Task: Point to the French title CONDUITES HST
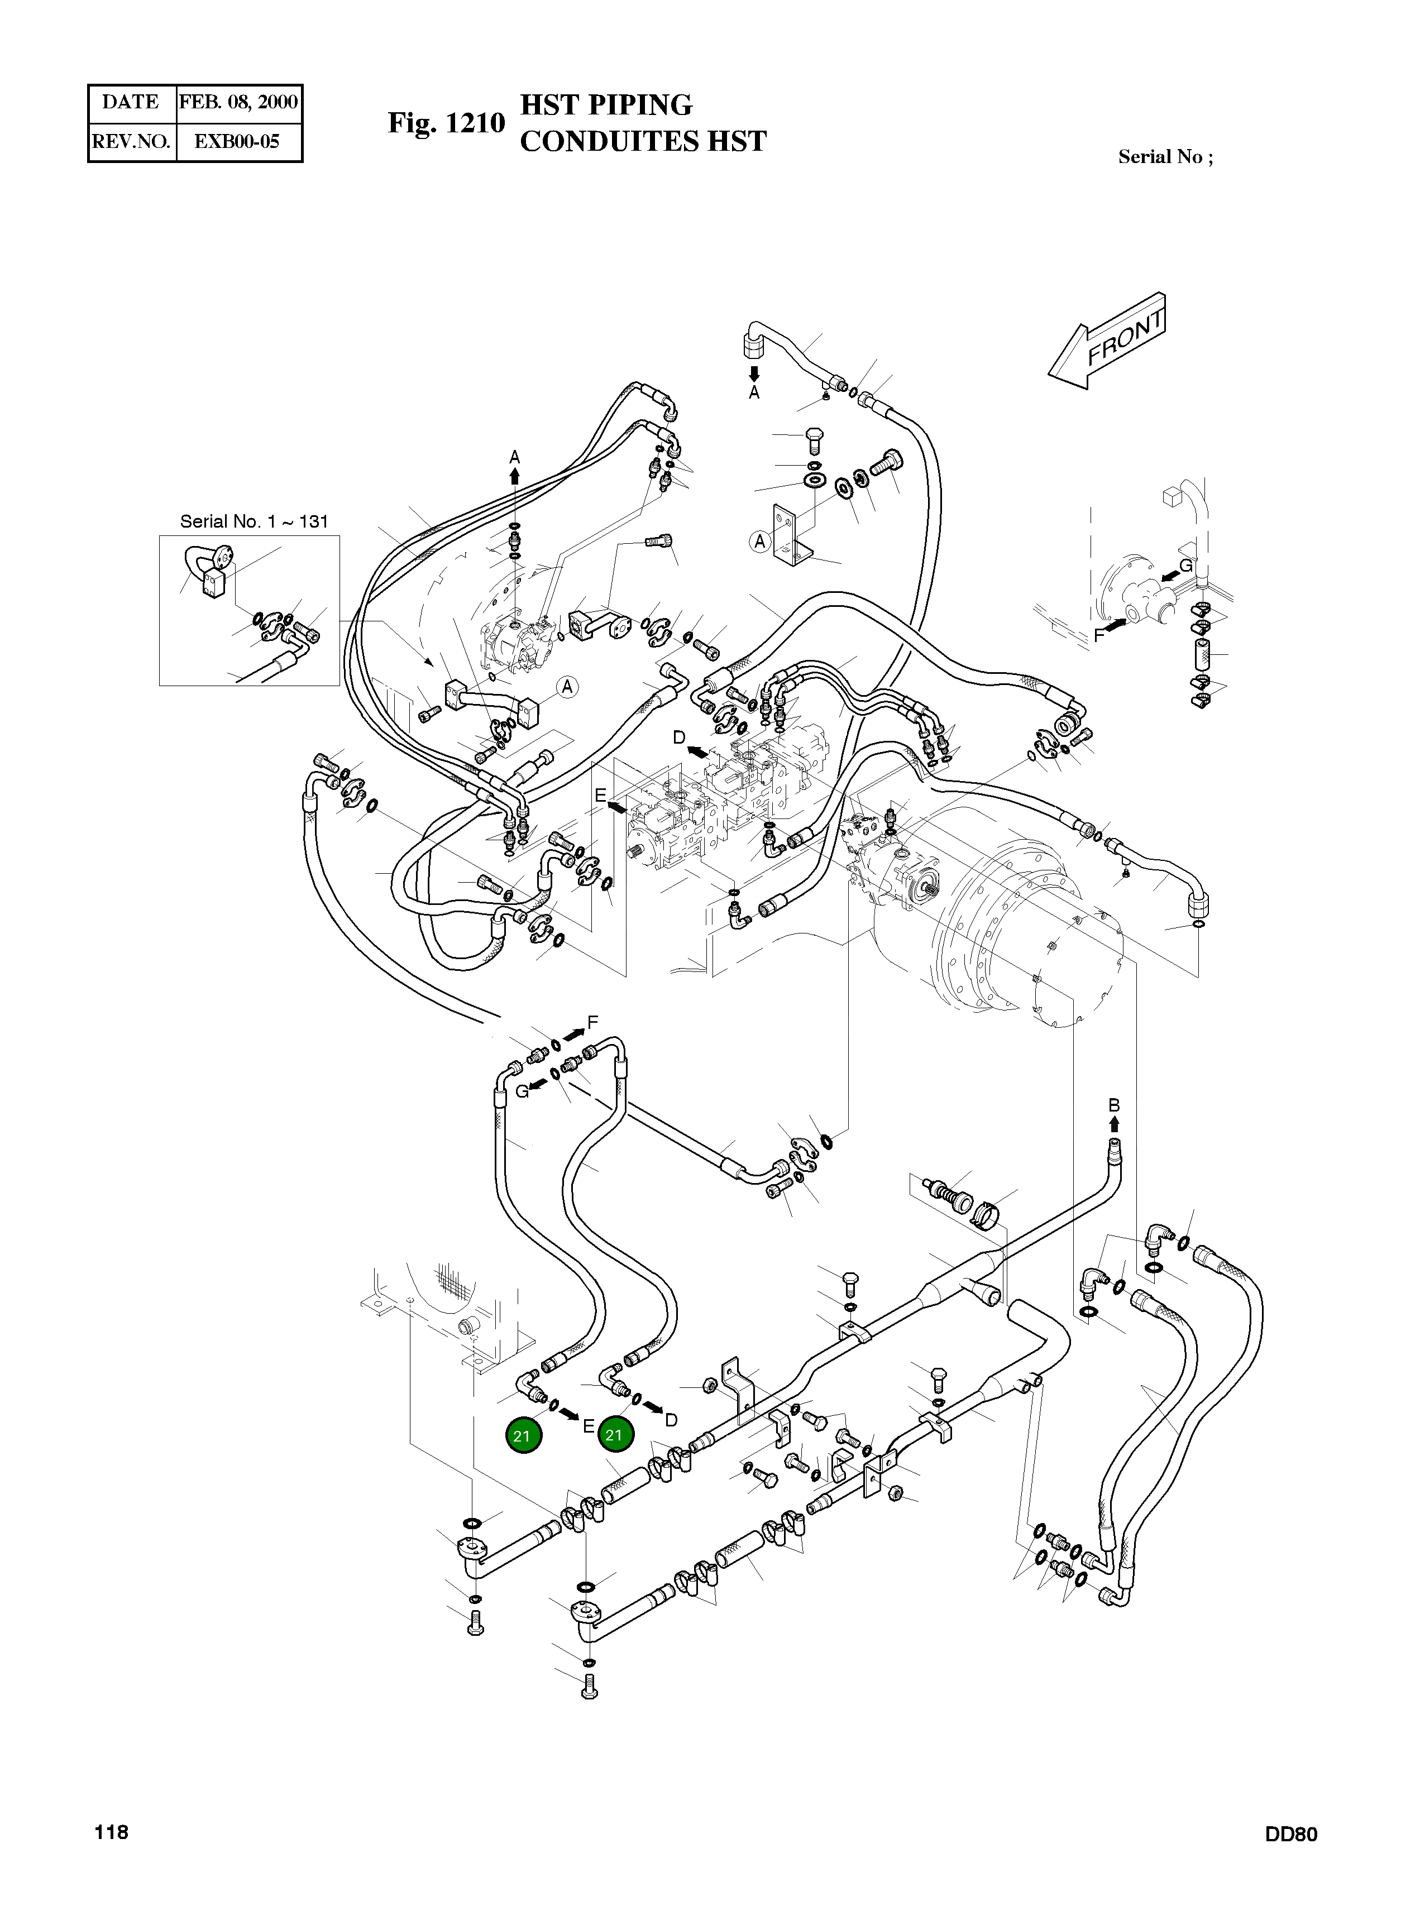click(x=642, y=141)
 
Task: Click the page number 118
click(x=111, y=1856)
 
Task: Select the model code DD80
click(x=1290, y=1859)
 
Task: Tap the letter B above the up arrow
click(x=1114, y=1105)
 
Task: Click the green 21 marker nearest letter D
click(x=614, y=1435)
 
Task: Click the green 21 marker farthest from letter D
click(x=522, y=1436)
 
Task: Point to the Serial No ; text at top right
click(x=1165, y=157)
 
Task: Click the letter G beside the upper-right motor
click(x=1186, y=566)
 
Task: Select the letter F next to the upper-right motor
click(x=1099, y=634)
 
